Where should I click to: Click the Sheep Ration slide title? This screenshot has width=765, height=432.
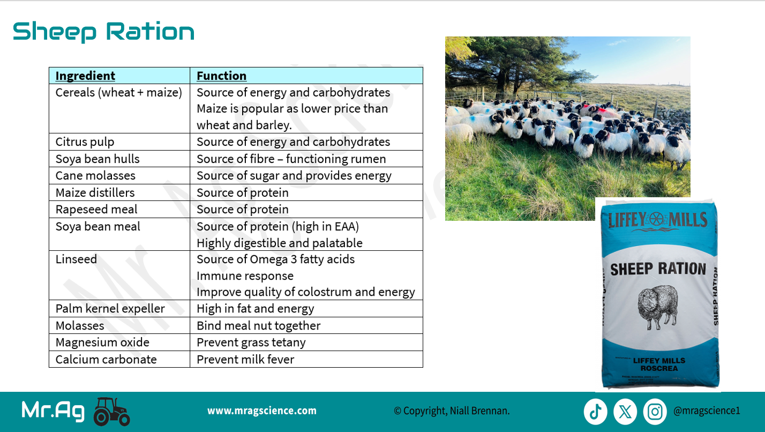[x=103, y=32]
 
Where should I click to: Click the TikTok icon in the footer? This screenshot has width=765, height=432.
[x=595, y=412]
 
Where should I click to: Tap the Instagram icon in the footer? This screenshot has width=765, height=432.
[x=655, y=412]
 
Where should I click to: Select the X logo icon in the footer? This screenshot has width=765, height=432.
[x=625, y=412]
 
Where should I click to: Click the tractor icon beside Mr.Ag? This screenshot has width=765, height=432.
[x=111, y=412]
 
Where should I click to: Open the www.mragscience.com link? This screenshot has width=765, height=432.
[x=262, y=411]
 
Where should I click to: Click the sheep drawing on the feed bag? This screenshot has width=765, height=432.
[x=657, y=307]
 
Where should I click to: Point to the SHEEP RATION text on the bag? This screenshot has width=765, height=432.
[x=658, y=269]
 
